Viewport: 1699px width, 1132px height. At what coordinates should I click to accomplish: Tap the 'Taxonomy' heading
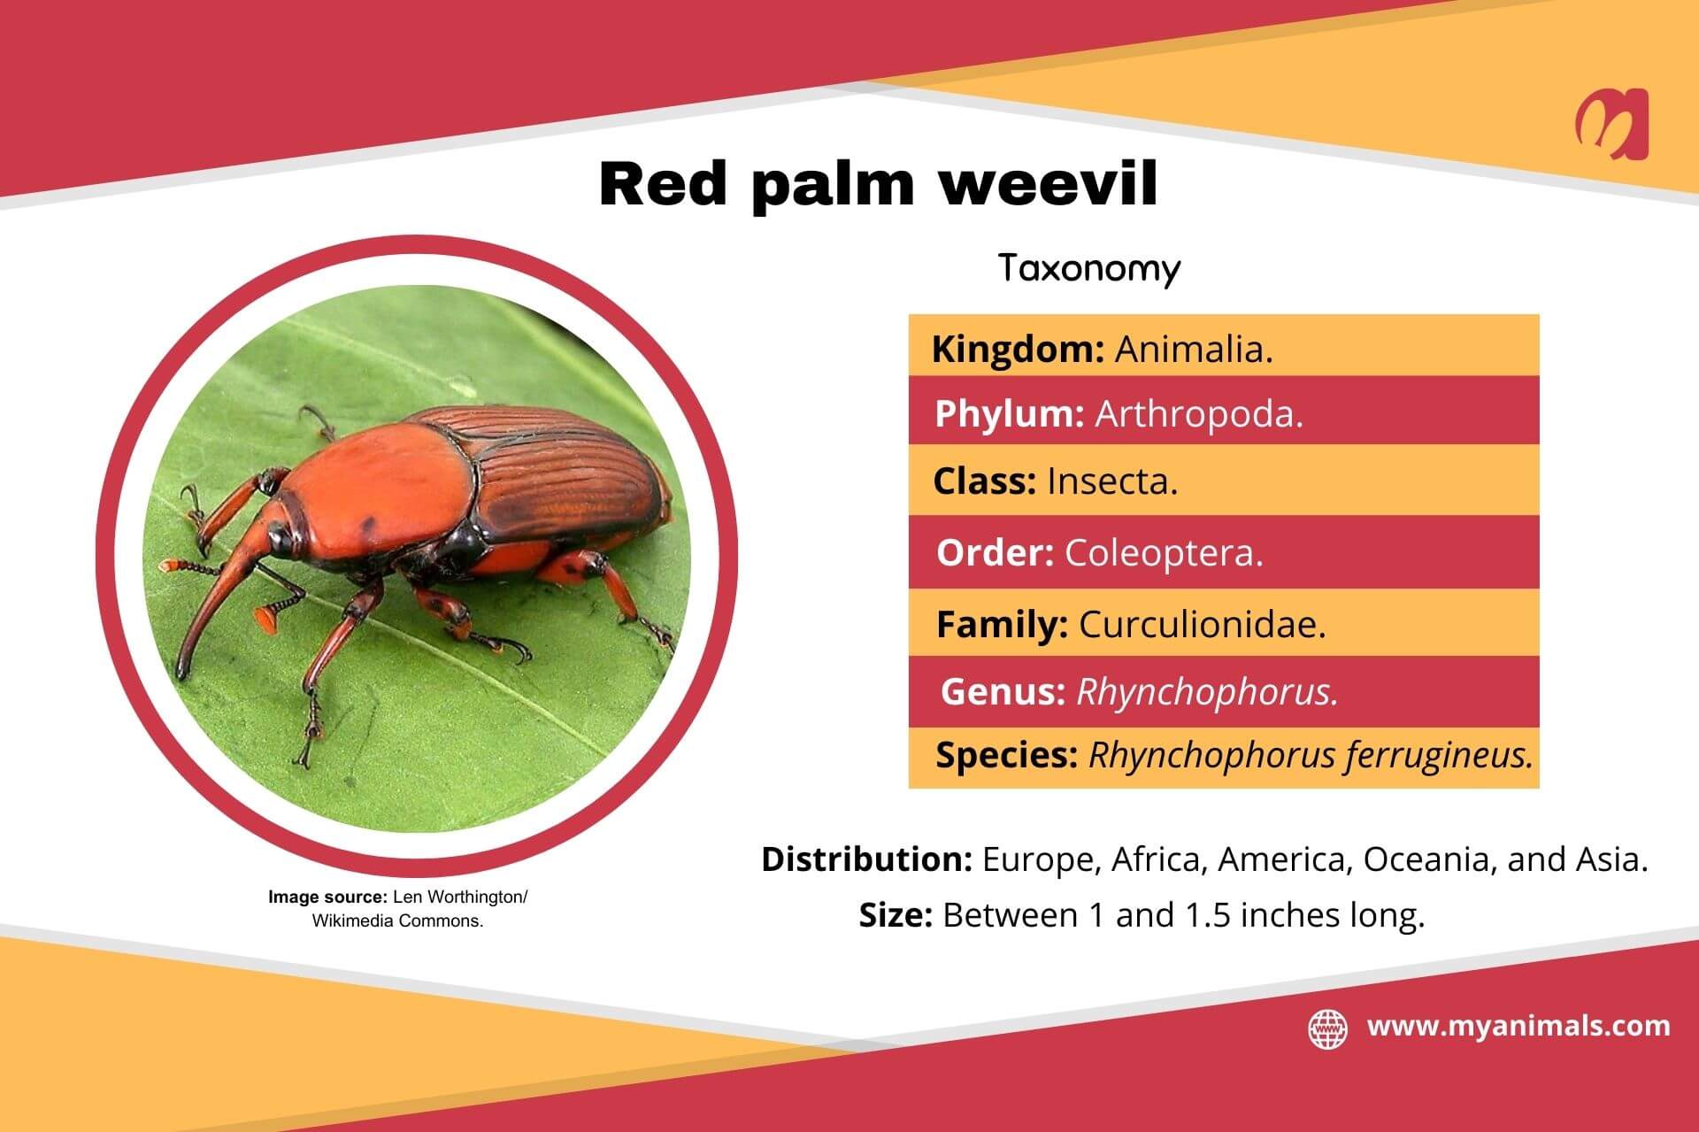tap(1089, 268)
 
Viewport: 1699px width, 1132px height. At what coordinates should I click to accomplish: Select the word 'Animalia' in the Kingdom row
tap(1192, 350)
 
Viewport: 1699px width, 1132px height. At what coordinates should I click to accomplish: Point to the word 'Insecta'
tap(1111, 481)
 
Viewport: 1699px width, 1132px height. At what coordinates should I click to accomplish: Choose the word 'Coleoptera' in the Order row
tap(1162, 553)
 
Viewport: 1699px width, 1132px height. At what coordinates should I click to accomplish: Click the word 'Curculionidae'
tap(1201, 625)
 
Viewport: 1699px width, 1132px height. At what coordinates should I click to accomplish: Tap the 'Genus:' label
tap(1003, 691)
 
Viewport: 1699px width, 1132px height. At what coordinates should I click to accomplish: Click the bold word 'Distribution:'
tap(867, 859)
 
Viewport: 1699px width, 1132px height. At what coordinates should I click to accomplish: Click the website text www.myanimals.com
tap(1518, 1027)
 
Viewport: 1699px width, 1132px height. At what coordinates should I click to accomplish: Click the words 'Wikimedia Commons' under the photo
tap(396, 920)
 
